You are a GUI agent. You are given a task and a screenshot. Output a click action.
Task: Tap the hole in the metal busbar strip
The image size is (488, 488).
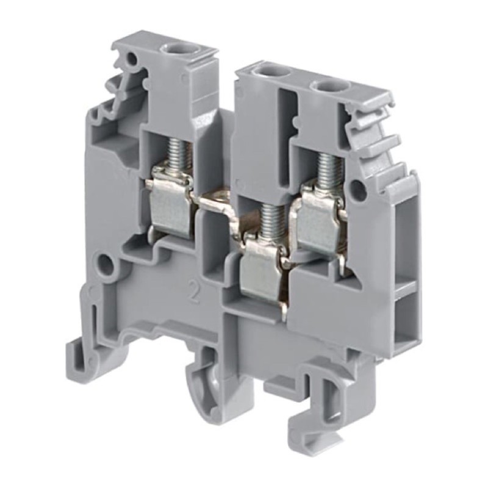[x=220, y=198]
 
